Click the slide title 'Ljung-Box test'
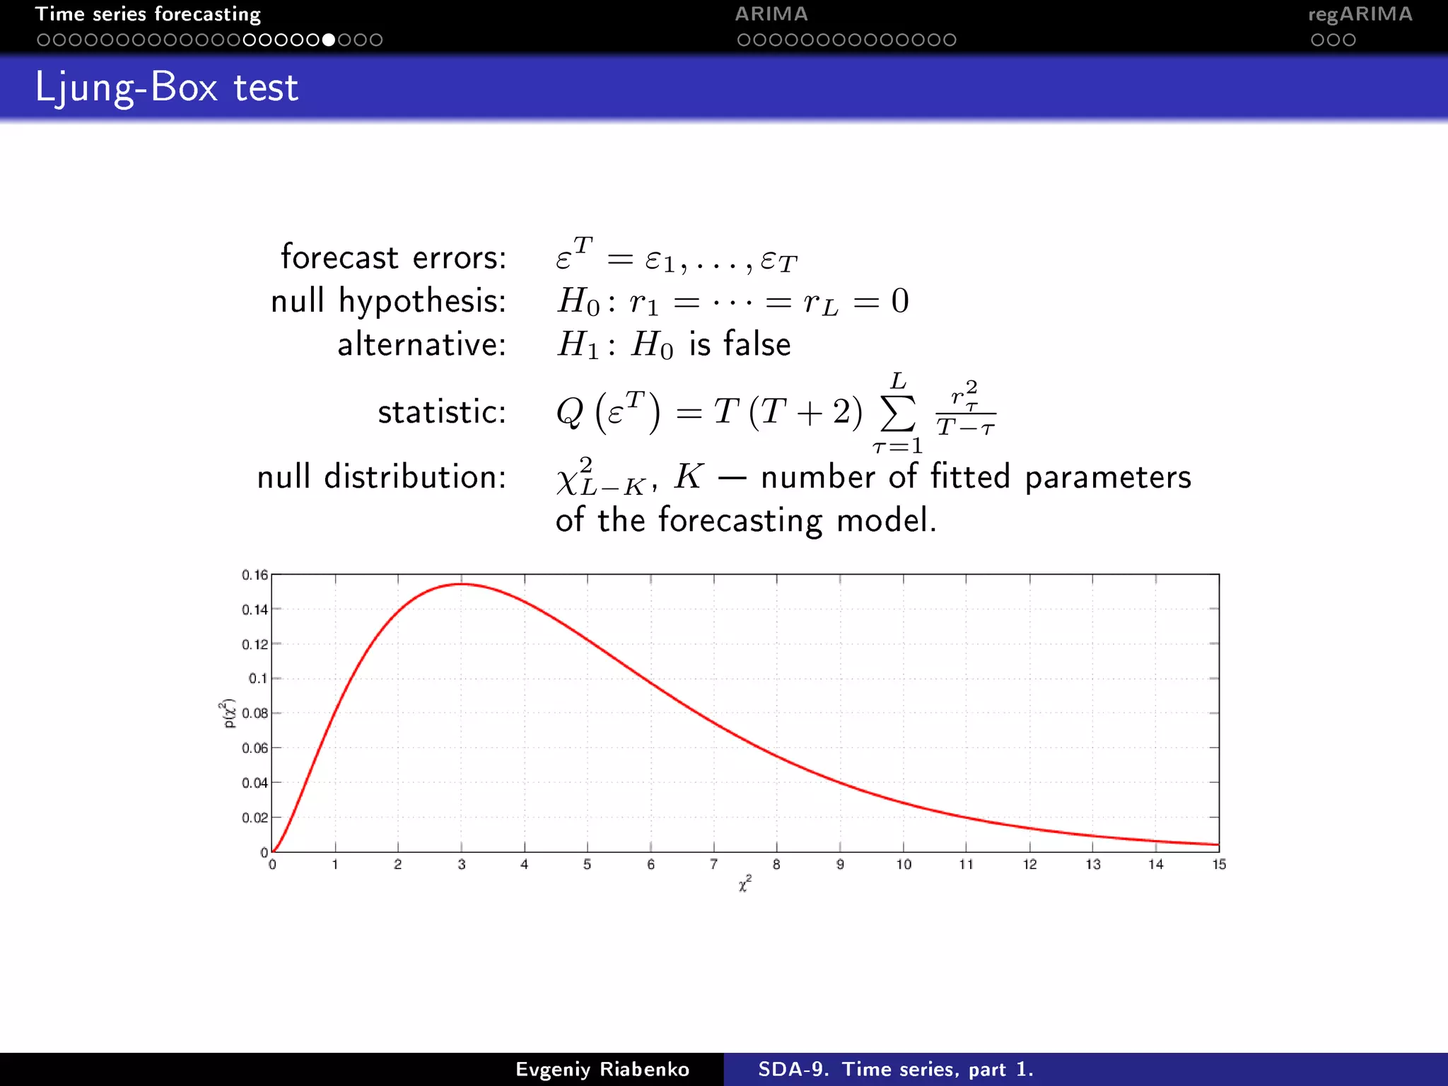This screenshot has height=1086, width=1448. pos(167,88)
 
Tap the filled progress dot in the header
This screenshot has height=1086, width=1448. pos(329,40)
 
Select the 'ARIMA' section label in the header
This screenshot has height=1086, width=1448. pos(771,14)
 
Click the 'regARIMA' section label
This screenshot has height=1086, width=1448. pos(1360,14)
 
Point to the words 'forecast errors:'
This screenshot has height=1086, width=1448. pos(393,257)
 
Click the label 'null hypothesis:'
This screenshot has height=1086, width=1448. pos(388,301)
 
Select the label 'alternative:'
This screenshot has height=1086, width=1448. pos(421,345)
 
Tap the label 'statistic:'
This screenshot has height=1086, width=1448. pos(442,412)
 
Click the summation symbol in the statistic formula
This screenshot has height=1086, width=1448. pos(898,414)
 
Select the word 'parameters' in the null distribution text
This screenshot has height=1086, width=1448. pos(1108,477)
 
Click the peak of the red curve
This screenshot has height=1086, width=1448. pos(462,584)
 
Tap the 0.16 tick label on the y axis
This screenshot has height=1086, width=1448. pos(255,575)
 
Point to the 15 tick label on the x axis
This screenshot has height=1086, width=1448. pos(1219,865)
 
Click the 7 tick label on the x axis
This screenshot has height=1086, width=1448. pos(714,865)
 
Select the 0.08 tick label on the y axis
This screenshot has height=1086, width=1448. pos(255,713)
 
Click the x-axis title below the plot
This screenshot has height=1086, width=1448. pos(745,884)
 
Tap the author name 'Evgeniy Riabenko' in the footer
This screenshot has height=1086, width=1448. pos(602,1069)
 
